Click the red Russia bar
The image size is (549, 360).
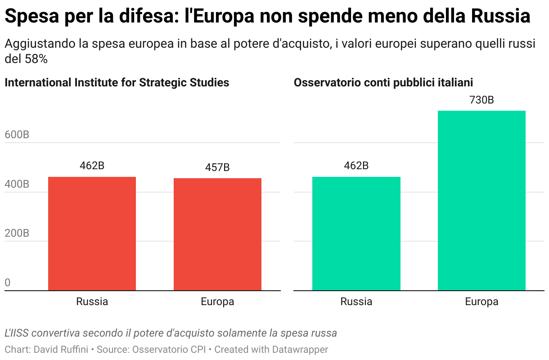coord(92,234)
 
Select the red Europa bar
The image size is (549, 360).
coord(217,234)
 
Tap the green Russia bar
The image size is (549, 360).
coord(356,234)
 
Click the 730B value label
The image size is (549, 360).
coord(481,100)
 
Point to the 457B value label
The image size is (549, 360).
coord(217,168)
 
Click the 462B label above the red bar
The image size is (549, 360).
coord(92,166)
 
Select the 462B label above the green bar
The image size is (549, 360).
coord(356,166)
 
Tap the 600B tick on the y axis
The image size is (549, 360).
coord(17,135)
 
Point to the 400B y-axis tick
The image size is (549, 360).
coord(17,184)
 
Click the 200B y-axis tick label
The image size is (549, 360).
coord(17,234)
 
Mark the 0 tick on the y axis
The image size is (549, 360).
coord(8,283)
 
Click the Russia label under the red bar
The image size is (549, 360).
coord(92,301)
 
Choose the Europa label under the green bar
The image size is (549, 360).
coord(481,301)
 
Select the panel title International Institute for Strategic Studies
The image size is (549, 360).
coord(117,83)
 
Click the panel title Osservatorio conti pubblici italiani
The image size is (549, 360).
coord(383,83)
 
